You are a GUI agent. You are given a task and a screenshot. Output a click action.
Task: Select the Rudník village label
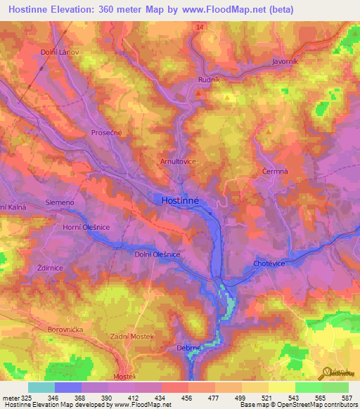(199, 79)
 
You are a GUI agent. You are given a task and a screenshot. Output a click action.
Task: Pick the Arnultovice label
(177, 161)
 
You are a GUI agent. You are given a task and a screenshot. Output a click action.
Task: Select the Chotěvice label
(267, 263)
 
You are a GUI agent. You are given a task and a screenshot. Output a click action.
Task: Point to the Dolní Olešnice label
(158, 254)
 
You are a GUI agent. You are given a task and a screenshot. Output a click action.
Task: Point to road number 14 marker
(200, 27)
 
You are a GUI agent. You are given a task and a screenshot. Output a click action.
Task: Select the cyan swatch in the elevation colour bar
(41, 387)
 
